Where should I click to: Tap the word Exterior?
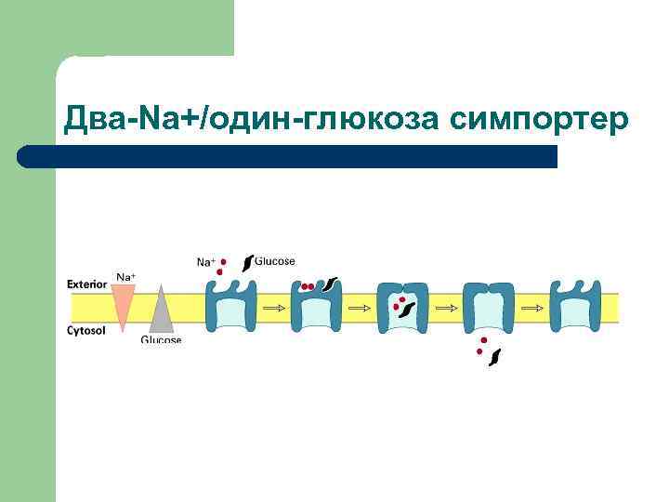[x=86, y=284]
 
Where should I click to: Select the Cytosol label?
[x=87, y=330]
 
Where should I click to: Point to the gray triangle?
[x=161, y=311]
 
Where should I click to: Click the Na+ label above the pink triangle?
[x=125, y=276]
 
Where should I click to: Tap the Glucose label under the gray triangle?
[x=161, y=340]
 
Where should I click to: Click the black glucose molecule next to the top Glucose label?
[x=247, y=262]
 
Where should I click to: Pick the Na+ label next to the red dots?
[x=205, y=262]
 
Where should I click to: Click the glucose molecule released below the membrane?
[x=496, y=356]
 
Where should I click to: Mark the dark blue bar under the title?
[x=288, y=156]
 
